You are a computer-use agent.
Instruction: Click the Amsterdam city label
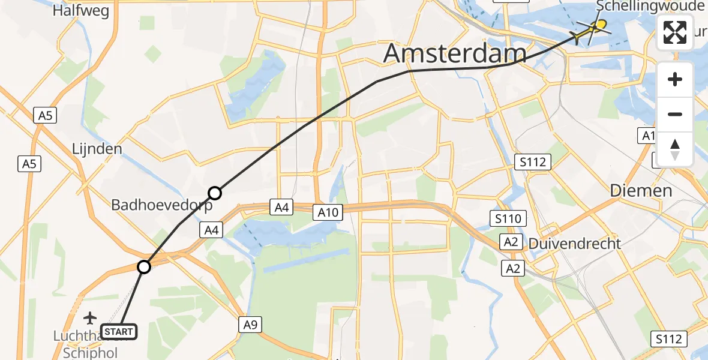coord(454,53)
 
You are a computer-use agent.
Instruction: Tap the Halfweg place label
coord(80,10)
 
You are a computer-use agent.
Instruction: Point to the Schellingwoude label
coord(650,7)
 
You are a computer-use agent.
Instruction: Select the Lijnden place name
coord(97,148)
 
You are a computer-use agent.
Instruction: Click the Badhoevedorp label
coord(162,205)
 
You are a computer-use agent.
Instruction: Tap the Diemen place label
coord(641,191)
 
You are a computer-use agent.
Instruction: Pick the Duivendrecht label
coord(574,244)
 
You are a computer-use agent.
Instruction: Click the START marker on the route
coord(119,331)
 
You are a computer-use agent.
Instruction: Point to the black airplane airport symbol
coord(90,317)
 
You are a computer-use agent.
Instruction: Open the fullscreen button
coord(675,32)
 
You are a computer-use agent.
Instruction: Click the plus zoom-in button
coord(675,80)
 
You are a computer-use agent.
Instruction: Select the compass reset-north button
coord(675,149)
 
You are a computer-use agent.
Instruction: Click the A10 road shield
coord(328,211)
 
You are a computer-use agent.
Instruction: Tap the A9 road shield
coord(250,325)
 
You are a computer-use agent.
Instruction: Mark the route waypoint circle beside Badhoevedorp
coord(215,193)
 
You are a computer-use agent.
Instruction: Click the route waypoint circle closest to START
coord(144,267)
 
